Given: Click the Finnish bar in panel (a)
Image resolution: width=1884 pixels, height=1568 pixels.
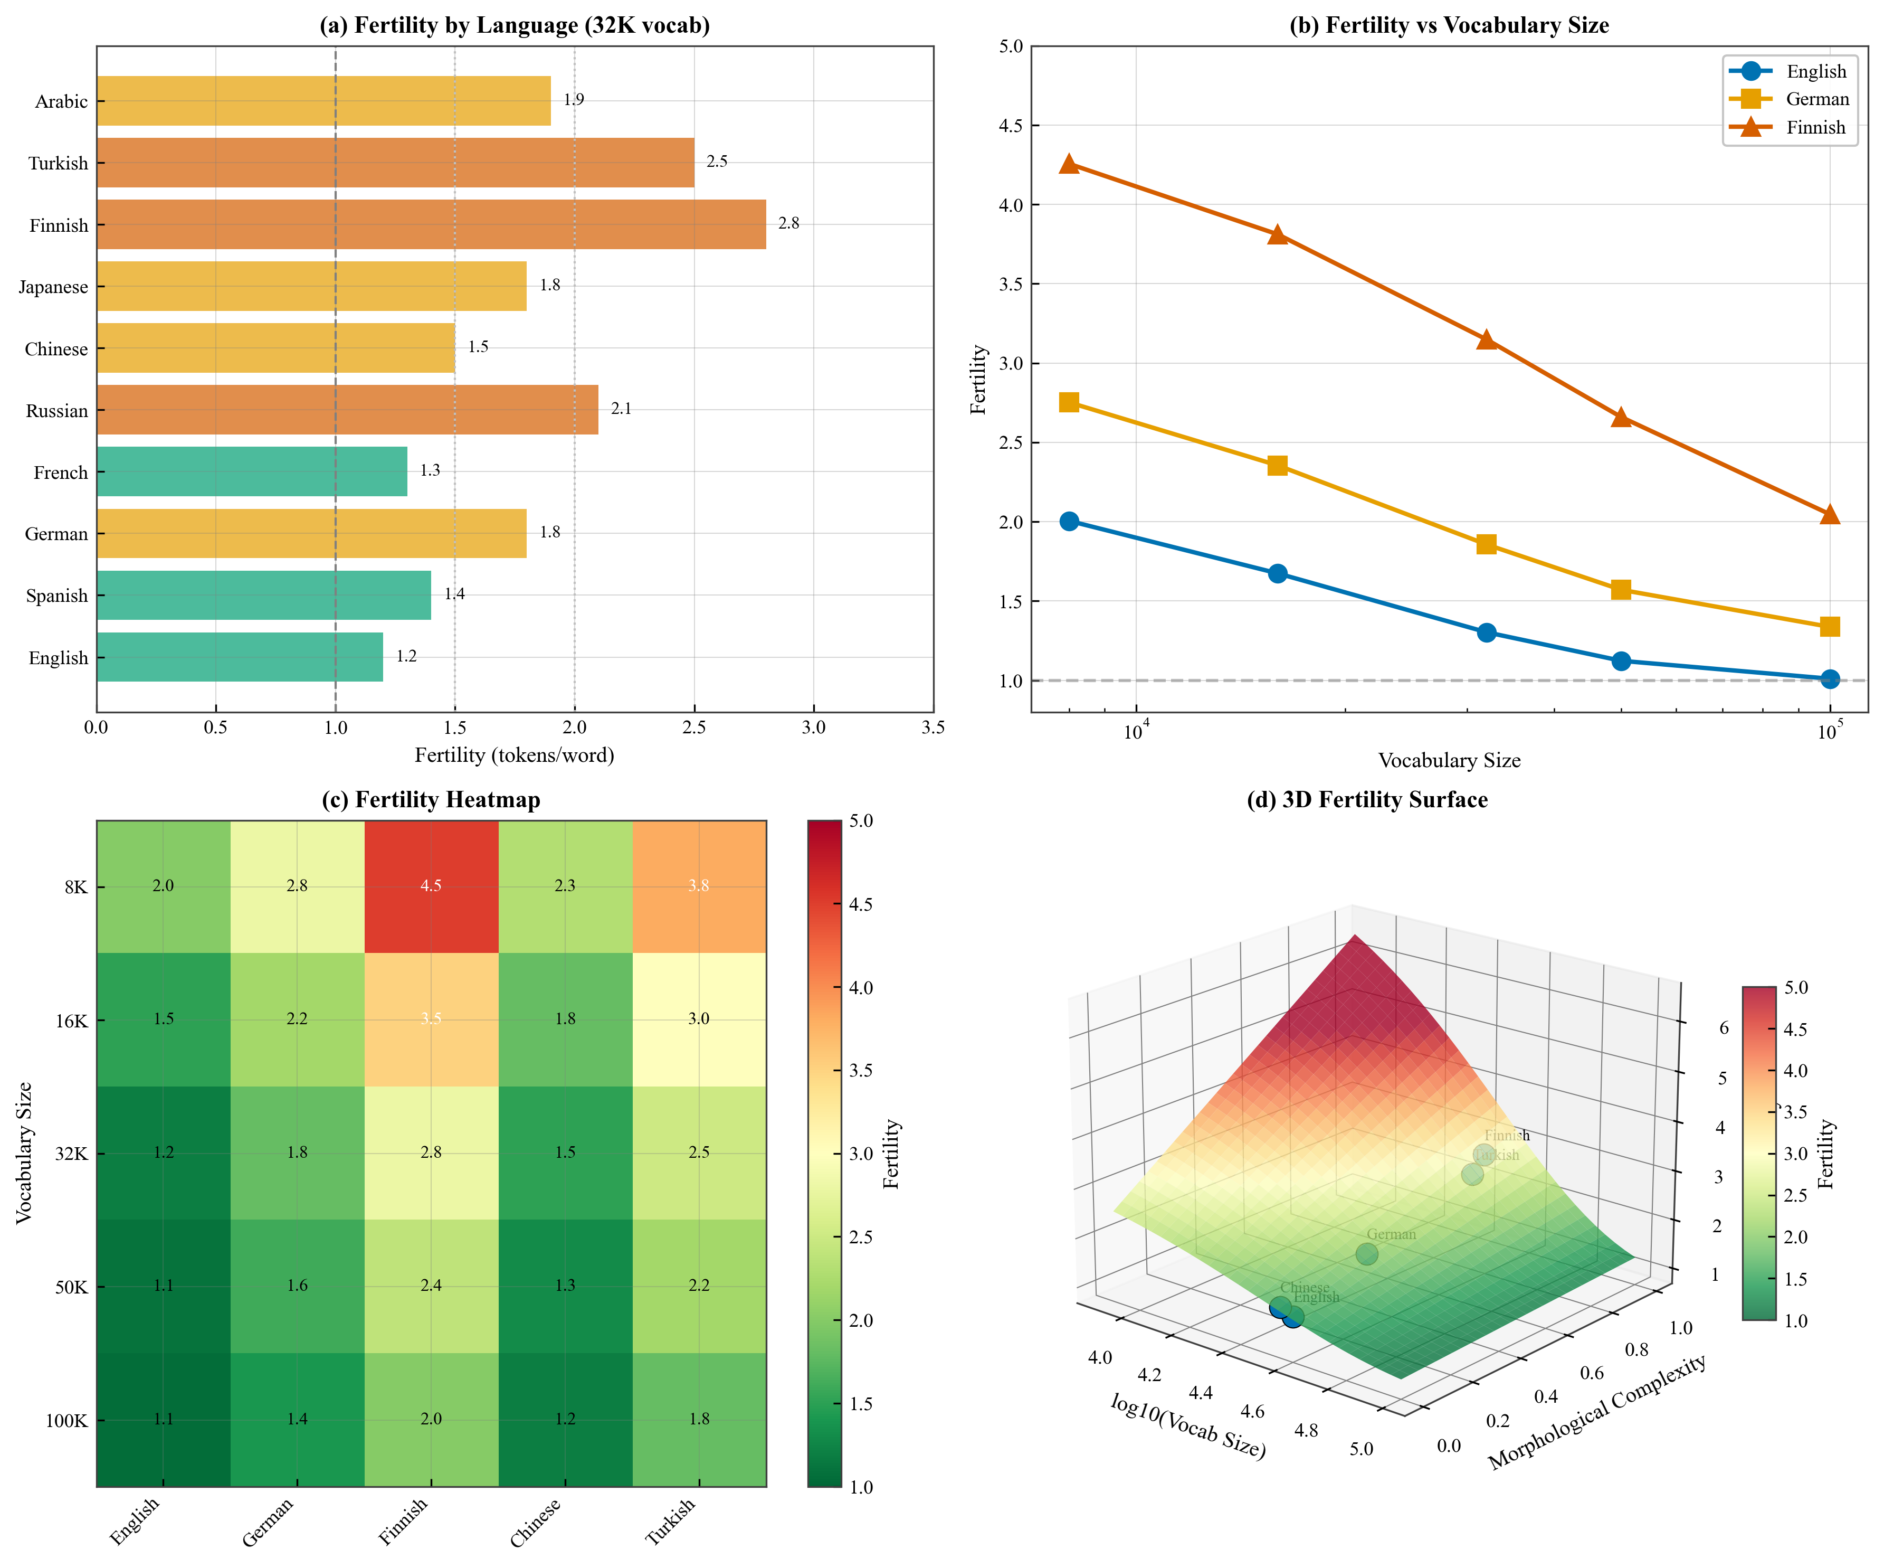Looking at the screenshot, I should click(431, 224).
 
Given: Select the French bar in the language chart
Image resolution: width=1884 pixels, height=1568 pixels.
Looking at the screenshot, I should click(251, 471).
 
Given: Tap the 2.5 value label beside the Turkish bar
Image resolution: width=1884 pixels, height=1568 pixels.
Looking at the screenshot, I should click(717, 162).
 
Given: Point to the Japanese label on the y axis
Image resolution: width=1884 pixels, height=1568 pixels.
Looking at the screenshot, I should click(54, 287).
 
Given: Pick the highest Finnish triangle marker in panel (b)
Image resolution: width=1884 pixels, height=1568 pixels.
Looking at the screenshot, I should click(1069, 163).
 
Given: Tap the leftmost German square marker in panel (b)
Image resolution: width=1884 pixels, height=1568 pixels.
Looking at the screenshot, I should click(1069, 402).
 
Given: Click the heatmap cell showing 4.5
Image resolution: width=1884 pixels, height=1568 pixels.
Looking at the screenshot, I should click(431, 886).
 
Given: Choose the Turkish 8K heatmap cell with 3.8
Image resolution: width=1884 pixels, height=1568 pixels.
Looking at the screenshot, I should click(699, 886).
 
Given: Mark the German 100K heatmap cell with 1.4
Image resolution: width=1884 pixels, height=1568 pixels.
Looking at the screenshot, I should click(297, 1419).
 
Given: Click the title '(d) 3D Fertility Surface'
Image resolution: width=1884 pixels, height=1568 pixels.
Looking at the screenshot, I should click(1367, 800).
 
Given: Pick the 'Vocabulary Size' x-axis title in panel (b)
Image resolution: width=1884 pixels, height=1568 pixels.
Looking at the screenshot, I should click(1449, 761).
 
